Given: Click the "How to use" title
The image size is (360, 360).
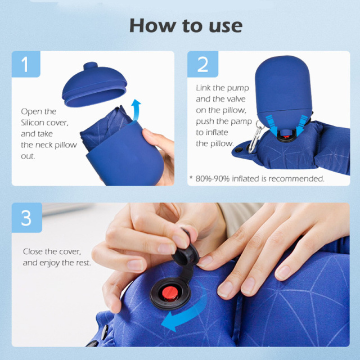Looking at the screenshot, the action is [x=186, y=25].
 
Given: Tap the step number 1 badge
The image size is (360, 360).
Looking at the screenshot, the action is [x=26, y=64].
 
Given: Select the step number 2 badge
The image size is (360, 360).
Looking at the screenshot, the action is [x=202, y=64].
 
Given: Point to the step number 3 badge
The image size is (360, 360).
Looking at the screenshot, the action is [x=27, y=218].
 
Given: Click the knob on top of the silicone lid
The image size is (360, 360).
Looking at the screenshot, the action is [x=91, y=66].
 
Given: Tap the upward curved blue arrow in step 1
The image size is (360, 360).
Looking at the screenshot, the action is [x=136, y=110].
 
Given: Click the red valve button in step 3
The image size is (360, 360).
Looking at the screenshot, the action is [x=170, y=293].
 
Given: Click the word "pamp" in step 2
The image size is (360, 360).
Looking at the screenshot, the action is [x=241, y=122].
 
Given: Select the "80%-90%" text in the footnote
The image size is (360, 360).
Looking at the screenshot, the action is [x=213, y=179].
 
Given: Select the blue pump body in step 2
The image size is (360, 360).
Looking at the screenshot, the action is [x=283, y=92].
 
